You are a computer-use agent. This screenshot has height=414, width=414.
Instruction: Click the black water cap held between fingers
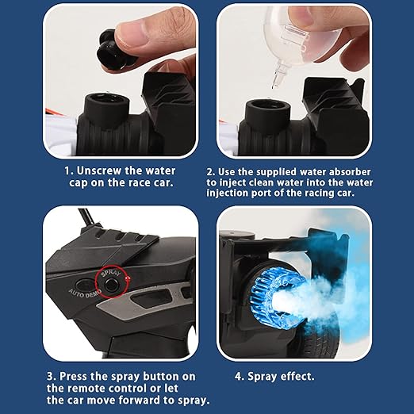[x=113, y=52]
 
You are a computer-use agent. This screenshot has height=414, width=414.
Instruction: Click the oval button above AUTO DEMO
[x=85, y=284]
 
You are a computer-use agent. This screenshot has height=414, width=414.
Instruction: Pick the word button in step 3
[x=158, y=376]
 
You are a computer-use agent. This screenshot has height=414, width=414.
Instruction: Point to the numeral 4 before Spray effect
[x=238, y=377]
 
